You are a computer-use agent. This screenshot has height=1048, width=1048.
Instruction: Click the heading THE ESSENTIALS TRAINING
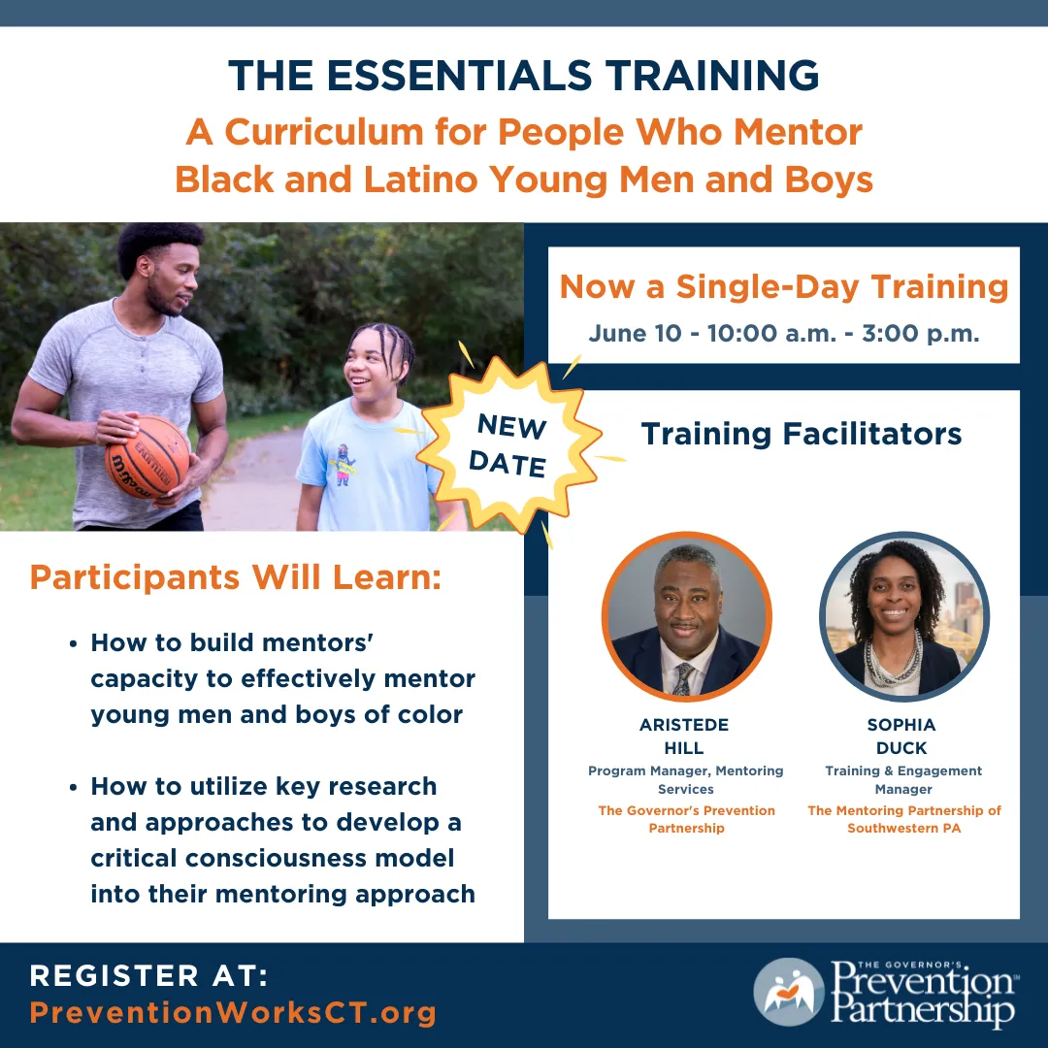(x=524, y=76)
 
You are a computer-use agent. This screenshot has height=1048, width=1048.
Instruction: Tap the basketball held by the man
(x=147, y=456)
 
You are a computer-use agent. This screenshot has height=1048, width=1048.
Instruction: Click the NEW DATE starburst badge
(x=507, y=443)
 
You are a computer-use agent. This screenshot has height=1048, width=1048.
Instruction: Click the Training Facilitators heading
(x=802, y=433)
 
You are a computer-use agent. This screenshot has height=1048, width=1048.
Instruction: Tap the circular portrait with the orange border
(x=686, y=616)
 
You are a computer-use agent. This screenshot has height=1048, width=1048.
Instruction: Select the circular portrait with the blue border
(x=903, y=616)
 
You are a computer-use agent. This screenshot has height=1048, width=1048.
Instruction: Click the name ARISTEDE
(x=684, y=725)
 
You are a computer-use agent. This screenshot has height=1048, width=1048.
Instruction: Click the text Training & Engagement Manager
(x=903, y=779)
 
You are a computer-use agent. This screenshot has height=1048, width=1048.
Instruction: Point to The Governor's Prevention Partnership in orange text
(x=686, y=819)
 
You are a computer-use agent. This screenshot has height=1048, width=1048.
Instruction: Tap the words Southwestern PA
(x=903, y=828)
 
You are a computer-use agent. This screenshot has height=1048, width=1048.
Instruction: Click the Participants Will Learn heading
(x=236, y=577)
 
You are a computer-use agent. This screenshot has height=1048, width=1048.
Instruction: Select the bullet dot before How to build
(x=74, y=643)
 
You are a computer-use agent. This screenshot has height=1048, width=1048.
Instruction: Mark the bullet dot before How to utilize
(x=74, y=787)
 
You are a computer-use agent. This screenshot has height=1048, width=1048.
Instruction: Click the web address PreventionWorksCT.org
(x=233, y=1013)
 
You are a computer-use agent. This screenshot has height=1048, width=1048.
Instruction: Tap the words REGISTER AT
(x=148, y=975)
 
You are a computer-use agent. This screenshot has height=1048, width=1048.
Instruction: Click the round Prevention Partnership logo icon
(x=788, y=992)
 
